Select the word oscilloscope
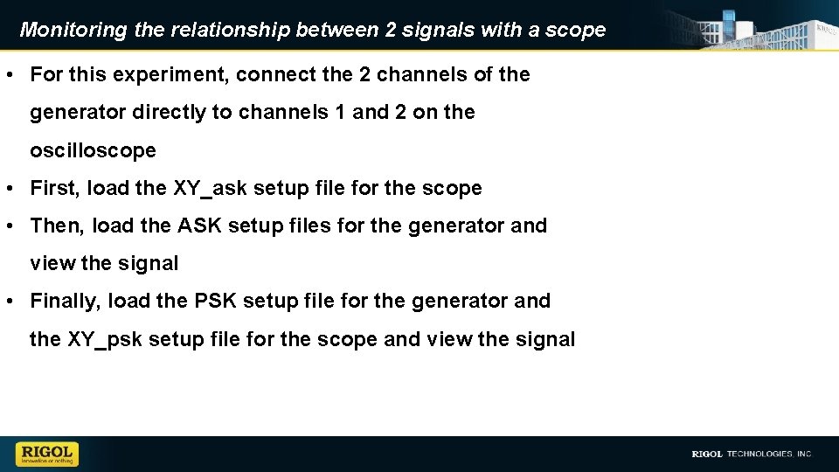click(93, 150)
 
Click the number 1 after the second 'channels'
click(341, 113)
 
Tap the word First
click(55, 188)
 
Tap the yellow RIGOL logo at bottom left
click(47, 454)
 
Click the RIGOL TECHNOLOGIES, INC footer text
click(752, 454)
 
